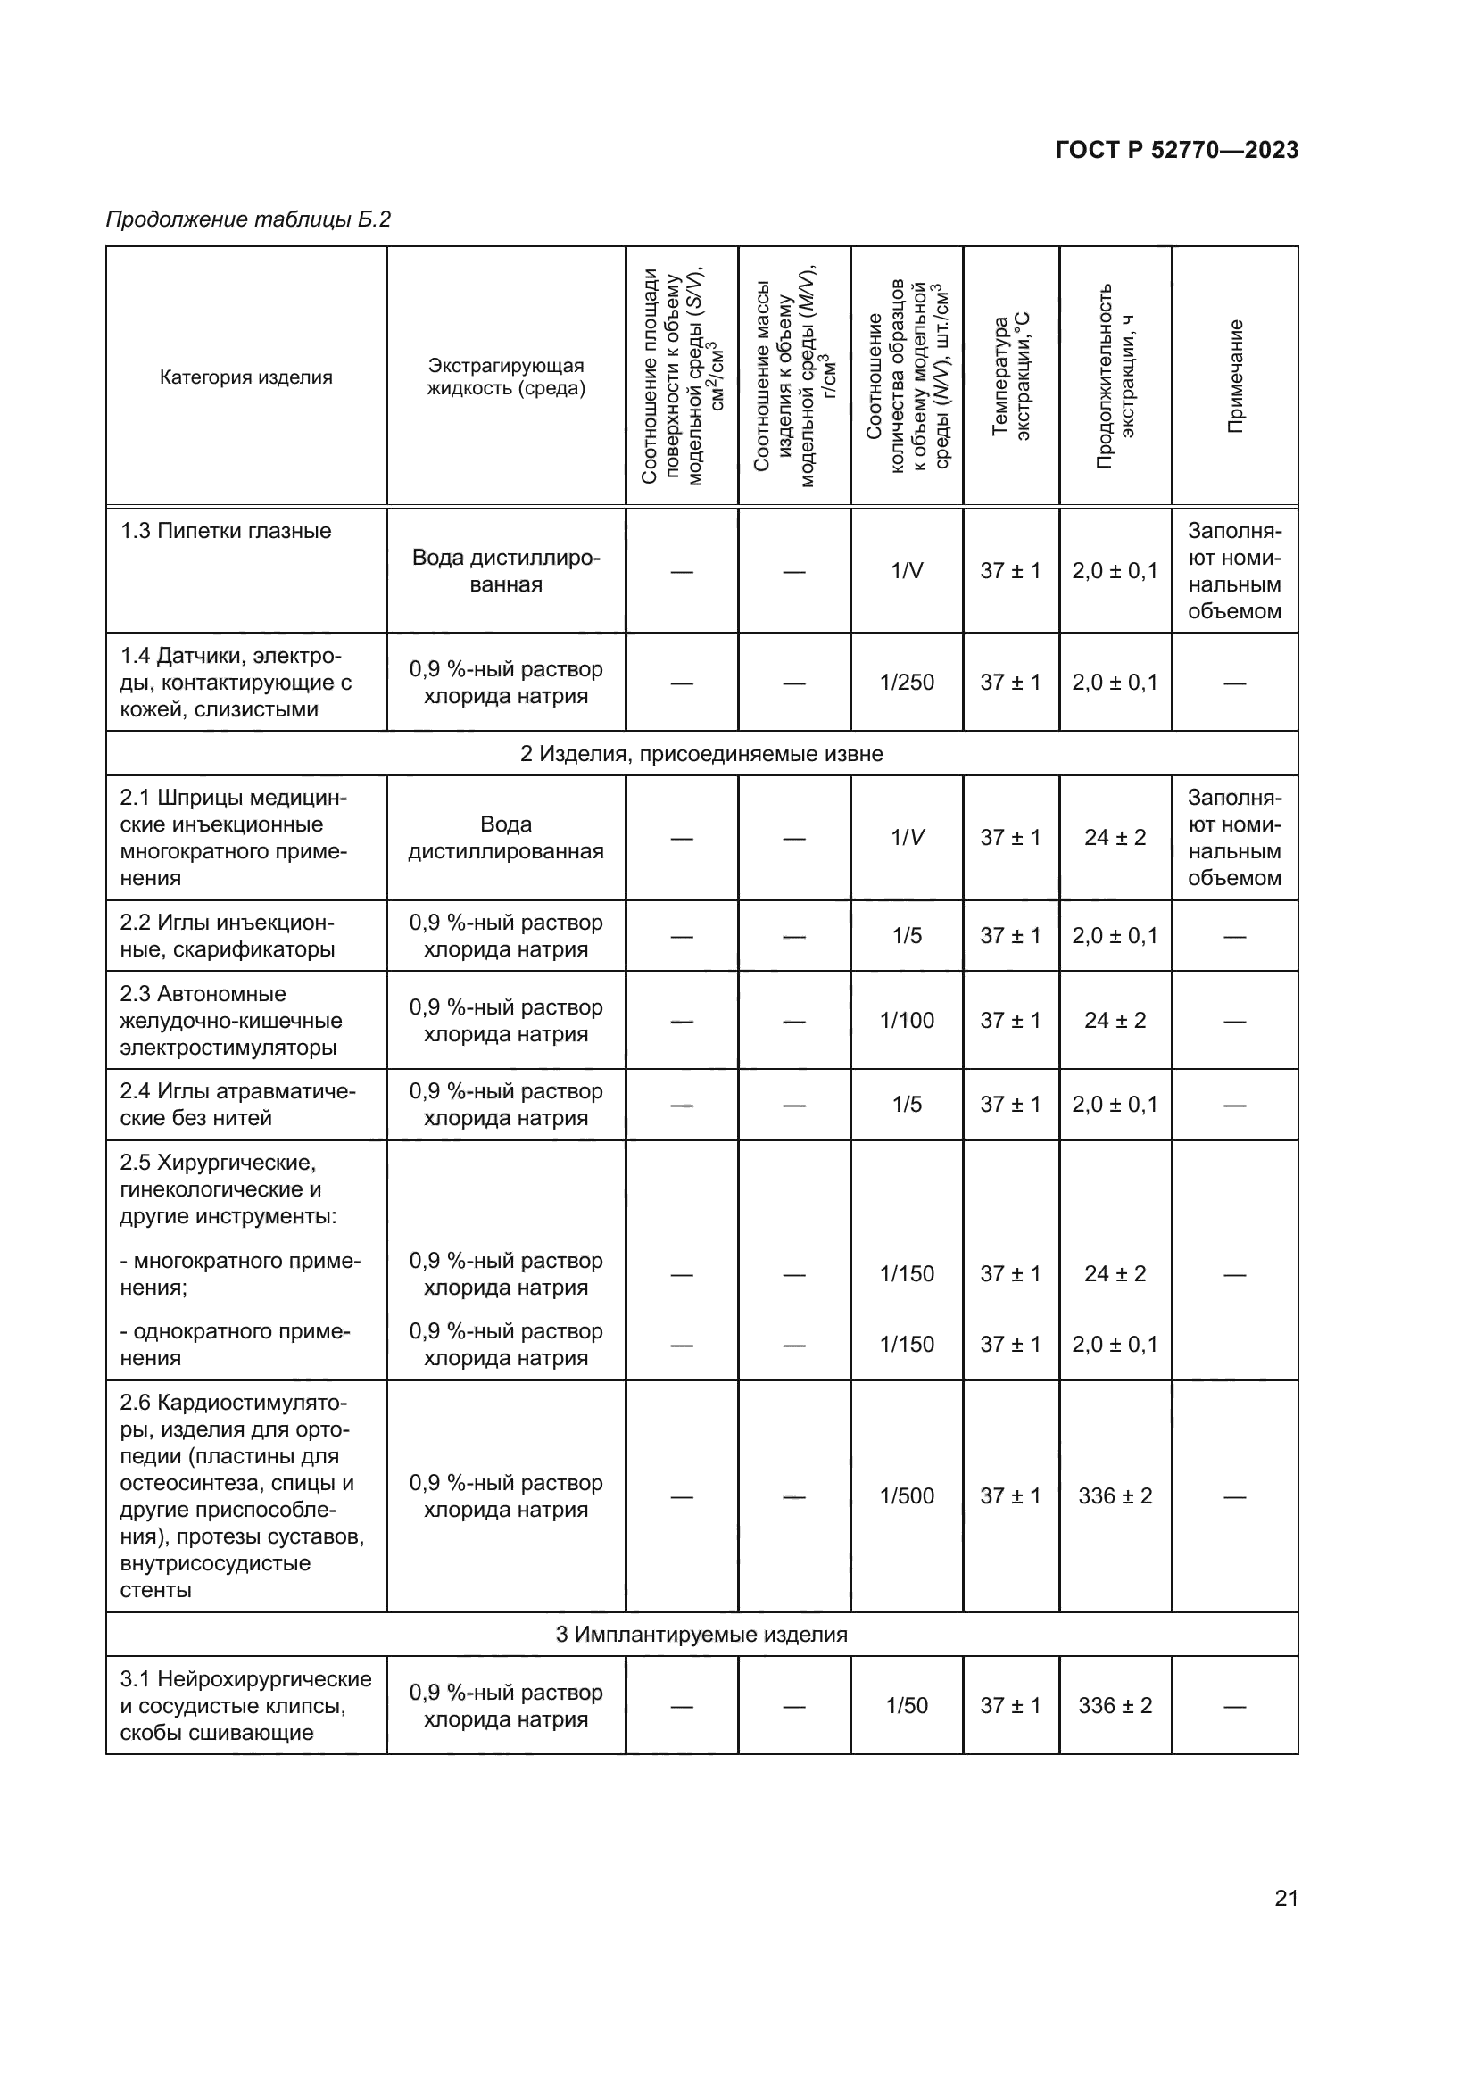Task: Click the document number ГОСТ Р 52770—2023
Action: click(1177, 150)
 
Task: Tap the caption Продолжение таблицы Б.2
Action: click(248, 219)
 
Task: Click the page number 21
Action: click(1286, 1898)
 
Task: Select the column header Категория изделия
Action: click(246, 377)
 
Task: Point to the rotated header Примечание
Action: click(1235, 377)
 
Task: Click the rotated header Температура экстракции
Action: click(1011, 377)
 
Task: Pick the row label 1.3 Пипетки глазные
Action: click(227, 531)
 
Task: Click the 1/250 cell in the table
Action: click(906, 683)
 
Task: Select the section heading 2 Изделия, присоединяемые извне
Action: click(701, 754)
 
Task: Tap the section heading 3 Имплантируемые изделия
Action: click(701, 1635)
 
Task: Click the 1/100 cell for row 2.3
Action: click(906, 1020)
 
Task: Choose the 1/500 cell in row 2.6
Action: click(906, 1495)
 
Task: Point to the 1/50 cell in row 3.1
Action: click(906, 1705)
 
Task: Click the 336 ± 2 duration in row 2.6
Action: click(1115, 1495)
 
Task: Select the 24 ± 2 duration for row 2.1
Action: click(1115, 837)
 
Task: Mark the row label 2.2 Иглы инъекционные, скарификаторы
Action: click(228, 935)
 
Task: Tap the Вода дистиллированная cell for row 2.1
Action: click(505, 837)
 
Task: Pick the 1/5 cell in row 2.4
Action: click(906, 1104)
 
